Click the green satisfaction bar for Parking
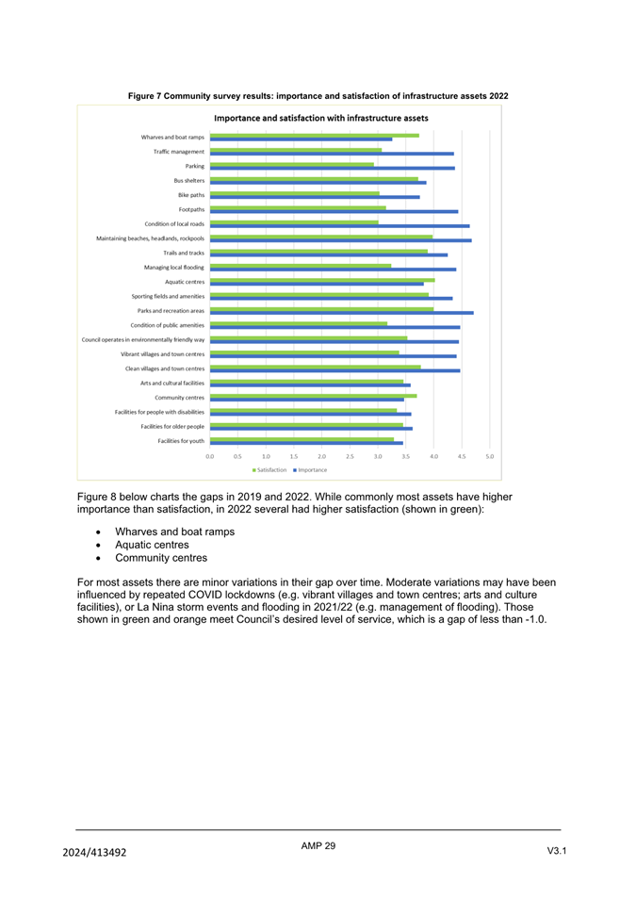pyautogui.click(x=291, y=164)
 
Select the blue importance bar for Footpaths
pyautogui.click(x=334, y=212)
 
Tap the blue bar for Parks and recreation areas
pyautogui.click(x=341, y=313)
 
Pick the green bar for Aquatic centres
pyautogui.click(x=321, y=280)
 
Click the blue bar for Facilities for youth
pyautogui.click(x=306, y=443)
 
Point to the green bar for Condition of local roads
pyautogui.click(x=294, y=222)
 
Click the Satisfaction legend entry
pyautogui.click(x=269, y=469)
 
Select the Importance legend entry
pyautogui.click(x=310, y=469)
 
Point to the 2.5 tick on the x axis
pyautogui.click(x=350, y=456)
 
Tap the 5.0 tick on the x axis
pyautogui.click(x=490, y=456)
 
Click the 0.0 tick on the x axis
pyautogui.click(x=209, y=456)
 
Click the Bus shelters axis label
pyautogui.click(x=188, y=180)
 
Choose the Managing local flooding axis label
pyautogui.click(x=173, y=267)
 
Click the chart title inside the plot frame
pyautogui.click(x=320, y=119)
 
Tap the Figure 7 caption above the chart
pyautogui.click(x=318, y=96)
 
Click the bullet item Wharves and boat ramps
pyautogui.click(x=174, y=532)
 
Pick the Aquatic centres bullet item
pyautogui.click(x=152, y=545)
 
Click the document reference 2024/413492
pyautogui.click(x=94, y=853)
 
